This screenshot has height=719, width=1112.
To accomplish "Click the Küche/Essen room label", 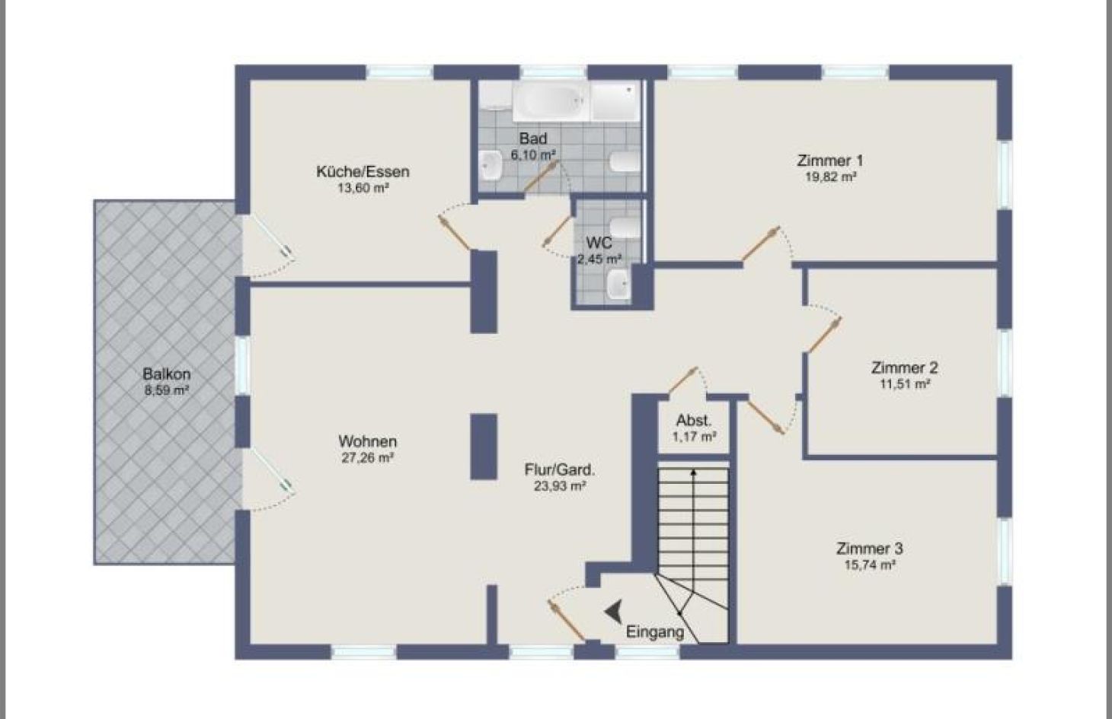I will [x=363, y=171].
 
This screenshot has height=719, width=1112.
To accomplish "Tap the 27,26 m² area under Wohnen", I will [x=367, y=458].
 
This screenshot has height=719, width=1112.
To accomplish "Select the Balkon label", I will [x=166, y=374].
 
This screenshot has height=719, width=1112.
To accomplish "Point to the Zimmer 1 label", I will [x=829, y=161].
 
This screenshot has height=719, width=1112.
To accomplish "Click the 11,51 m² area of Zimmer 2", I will [x=904, y=384].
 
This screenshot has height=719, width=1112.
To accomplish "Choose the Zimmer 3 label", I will [x=869, y=549].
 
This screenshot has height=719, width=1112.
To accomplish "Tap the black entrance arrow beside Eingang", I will [x=614, y=610].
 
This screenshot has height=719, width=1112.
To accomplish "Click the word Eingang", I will [x=654, y=632].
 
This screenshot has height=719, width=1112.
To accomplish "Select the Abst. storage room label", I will [x=694, y=421].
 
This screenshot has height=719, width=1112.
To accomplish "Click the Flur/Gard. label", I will [x=560, y=469].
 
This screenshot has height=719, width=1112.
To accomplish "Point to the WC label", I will [x=599, y=243].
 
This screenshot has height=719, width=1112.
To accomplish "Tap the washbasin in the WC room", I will [x=618, y=285].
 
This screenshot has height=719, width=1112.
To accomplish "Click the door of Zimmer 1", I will [x=761, y=243].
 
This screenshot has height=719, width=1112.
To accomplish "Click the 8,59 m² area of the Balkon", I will [x=166, y=390].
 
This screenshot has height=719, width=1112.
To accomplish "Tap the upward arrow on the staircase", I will [x=693, y=476].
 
